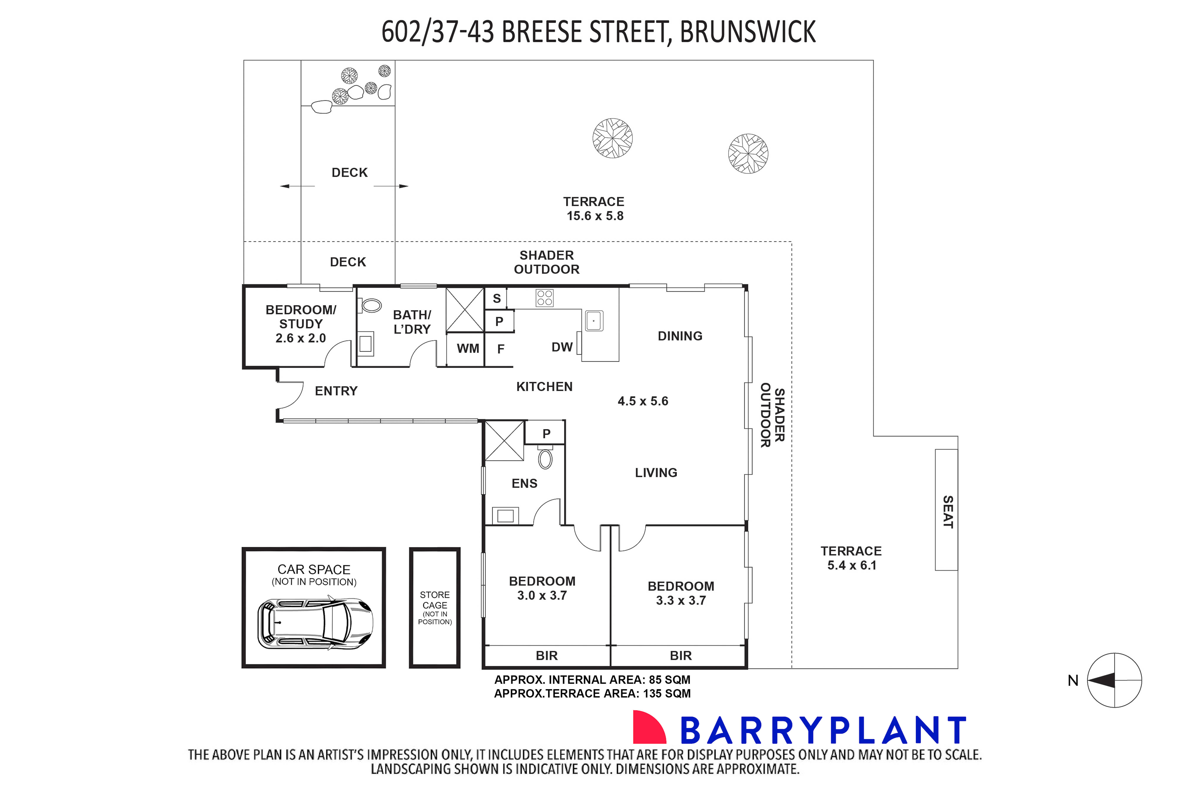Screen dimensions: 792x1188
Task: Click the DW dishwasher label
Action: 562,347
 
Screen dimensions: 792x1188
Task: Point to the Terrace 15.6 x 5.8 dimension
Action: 595,216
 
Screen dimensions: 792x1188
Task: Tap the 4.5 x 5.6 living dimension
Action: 643,401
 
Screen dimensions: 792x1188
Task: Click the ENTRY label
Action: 336,391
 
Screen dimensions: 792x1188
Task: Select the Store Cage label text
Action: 435,600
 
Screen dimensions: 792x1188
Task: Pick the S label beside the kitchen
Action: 497,298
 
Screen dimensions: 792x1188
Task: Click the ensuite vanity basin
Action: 505,516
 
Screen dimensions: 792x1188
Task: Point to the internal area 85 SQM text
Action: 592,680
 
